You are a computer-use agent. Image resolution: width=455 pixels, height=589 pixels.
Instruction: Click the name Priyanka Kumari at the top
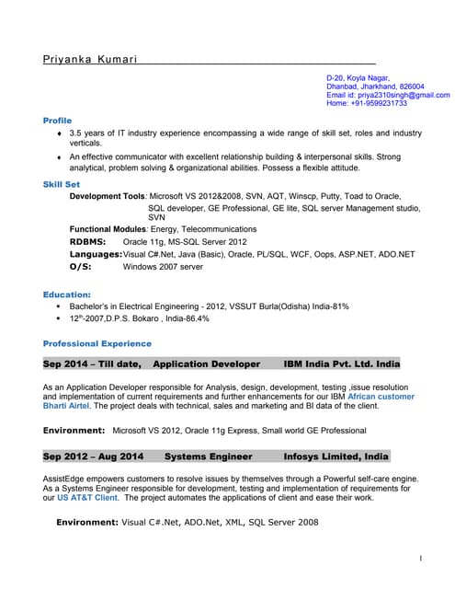(x=90, y=60)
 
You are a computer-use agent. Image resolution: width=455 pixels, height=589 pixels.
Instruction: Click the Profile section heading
(x=57, y=121)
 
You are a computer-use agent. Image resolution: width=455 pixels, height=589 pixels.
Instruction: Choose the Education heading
(x=66, y=294)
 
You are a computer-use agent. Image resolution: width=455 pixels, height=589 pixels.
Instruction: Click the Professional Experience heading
(x=97, y=343)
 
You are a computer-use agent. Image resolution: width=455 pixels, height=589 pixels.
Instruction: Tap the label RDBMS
(x=89, y=241)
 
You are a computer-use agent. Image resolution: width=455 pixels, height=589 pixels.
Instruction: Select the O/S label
(x=81, y=266)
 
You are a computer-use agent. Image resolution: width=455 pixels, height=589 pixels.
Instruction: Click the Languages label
(x=96, y=254)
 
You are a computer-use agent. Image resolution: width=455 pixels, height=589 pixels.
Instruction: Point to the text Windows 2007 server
(x=163, y=266)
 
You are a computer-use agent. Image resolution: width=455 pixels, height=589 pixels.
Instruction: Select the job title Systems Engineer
(x=208, y=456)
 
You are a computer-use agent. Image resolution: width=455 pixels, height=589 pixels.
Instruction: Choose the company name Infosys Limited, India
(x=336, y=456)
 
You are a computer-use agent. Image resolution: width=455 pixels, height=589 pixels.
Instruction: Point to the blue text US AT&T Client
(x=88, y=497)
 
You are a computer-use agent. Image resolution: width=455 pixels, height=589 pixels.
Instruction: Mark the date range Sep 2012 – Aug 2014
(x=94, y=456)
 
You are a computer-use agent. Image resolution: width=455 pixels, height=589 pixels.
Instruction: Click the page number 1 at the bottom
(x=420, y=559)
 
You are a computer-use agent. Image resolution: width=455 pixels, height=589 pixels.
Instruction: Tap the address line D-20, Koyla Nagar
(x=358, y=78)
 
